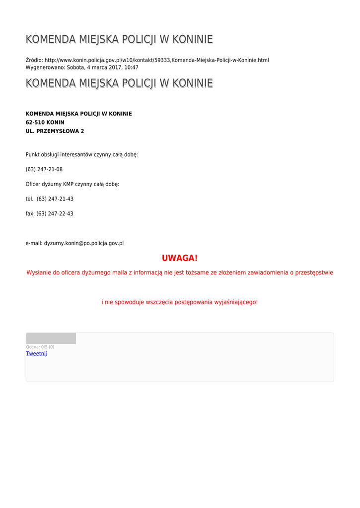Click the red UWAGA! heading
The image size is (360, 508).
tap(180, 258)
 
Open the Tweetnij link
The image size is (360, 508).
tap(36, 354)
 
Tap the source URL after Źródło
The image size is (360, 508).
tap(156, 60)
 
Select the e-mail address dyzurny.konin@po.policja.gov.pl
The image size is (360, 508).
tap(83, 244)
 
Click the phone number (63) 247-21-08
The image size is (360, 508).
tap(44, 169)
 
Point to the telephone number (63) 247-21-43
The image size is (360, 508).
tap(55, 199)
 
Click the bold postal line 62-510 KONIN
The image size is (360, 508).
tap(45, 122)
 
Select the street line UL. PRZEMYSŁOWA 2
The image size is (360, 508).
tap(55, 131)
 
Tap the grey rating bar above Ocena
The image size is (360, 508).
tap(51, 338)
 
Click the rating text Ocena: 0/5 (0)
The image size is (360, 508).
tap(40, 347)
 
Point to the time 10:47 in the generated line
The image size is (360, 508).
tap(131, 67)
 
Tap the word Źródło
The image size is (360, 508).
tap(34, 60)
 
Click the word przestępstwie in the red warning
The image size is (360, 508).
tap(314, 272)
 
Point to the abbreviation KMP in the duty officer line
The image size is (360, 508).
tap(68, 184)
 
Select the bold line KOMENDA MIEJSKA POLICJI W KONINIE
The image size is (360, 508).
tap(78, 114)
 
